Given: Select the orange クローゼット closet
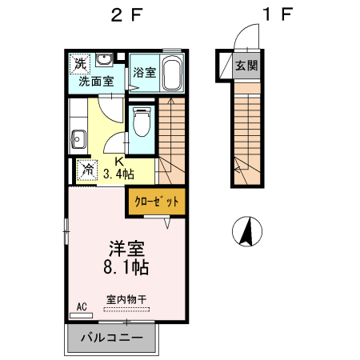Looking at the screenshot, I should [156, 202].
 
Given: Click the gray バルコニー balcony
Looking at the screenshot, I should [113, 338].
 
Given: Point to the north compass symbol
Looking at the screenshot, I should [247, 232].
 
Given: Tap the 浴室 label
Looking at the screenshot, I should [144, 70].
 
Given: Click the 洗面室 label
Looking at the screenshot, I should [95, 81].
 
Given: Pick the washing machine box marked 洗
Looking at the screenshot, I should [80, 62].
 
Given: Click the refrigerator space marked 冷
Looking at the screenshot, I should [86, 170].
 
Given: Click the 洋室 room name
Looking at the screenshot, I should [126, 246].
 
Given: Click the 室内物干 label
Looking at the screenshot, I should [126, 300].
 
